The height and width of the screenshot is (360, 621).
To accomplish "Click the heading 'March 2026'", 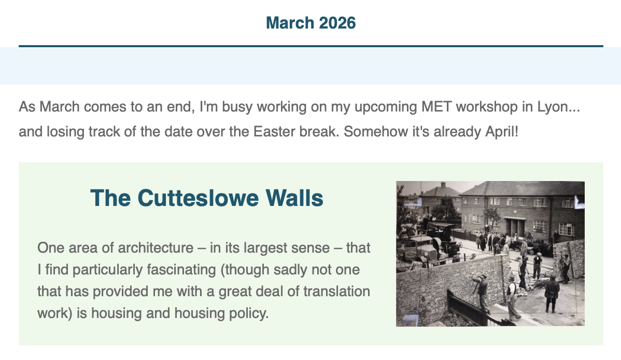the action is [311, 23].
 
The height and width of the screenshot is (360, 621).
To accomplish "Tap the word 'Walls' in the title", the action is [294, 198].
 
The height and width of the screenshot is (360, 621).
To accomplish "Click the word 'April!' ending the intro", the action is [502, 132].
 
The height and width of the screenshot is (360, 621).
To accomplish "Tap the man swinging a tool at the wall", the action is [481, 292].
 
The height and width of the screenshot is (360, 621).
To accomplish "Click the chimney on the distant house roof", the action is [443, 185].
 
